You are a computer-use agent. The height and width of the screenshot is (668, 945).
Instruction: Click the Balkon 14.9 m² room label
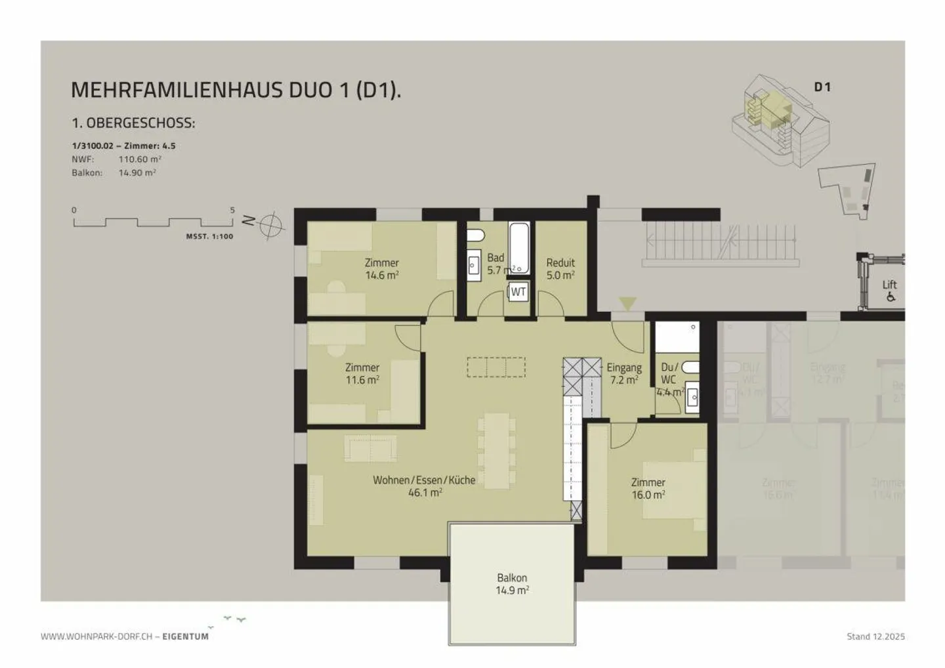pyautogui.click(x=512, y=584)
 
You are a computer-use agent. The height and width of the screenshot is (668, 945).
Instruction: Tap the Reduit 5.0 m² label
pyautogui.click(x=560, y=269)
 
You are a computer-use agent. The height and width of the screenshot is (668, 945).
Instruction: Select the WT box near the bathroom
pyautogui.click(x=518, y=292)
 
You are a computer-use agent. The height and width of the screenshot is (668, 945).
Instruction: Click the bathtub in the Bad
pyautogui.click(x=519, y=247)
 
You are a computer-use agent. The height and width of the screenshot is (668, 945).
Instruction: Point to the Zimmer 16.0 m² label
pyautogui.click(x=648, y=489)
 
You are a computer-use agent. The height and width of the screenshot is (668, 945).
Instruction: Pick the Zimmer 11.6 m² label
pyautogui.click(x=362, y=374)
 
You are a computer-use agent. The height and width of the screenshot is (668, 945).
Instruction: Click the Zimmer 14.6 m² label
pyautogui.click(x=382, y=269)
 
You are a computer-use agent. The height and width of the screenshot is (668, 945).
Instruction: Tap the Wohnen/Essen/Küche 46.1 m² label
pyautogui.click(x=424, y=486)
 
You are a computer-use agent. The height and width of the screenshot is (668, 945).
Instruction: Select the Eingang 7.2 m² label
pyautogui.click(x=623, y=374)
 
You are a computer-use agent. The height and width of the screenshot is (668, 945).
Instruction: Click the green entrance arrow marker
pyautogui.click(x=628, y=303)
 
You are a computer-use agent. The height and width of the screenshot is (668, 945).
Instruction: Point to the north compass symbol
pyautogui.click(x=269, y=226)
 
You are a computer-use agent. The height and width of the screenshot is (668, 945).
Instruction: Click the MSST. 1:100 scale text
pyautogui.click(x=209, y=236)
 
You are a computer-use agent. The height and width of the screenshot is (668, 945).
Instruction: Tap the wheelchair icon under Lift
pyautogui.click(x=891, y=297)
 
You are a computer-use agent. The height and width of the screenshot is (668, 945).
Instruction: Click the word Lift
pyautogui.click(x=889, y=285)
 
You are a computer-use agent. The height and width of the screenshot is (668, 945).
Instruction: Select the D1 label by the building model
pyautogui.click(x=822, y=87)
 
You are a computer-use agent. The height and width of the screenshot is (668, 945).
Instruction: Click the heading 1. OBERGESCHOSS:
pyautogui.click(x=133, y=123)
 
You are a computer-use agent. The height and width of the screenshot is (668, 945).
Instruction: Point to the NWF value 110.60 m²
pyautogui.click(x=140, y=159)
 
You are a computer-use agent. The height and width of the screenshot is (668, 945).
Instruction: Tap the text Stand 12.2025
pyautogui.click(x=875, y=637)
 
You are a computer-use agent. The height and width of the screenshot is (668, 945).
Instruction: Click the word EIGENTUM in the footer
pyautogui.click(x=186, y=637)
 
